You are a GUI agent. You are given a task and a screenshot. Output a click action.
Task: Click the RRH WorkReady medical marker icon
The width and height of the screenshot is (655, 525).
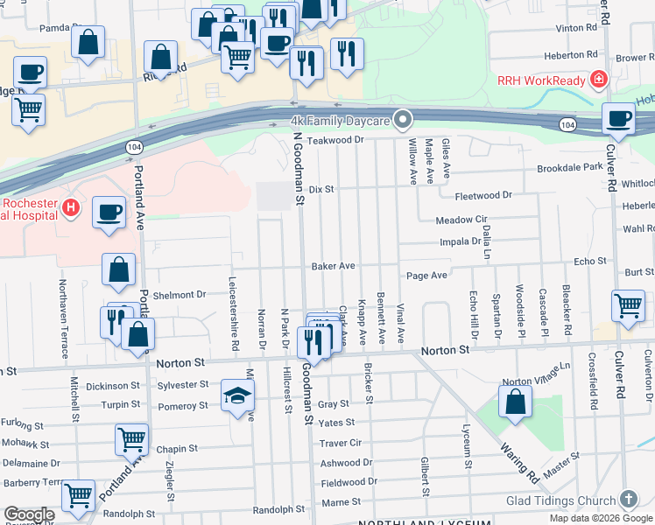click(x=598, y=80)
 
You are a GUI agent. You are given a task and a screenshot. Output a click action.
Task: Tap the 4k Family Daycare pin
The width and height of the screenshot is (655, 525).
click(x=403, y=119)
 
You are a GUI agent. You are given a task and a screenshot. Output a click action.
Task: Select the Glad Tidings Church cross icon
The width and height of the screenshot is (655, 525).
click(x=628, y=500)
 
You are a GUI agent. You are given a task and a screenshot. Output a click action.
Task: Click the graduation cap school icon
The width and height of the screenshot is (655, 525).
click(x=237, y=395)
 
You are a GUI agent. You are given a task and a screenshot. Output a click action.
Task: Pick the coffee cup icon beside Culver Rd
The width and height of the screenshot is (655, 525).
click(x=620, y=119)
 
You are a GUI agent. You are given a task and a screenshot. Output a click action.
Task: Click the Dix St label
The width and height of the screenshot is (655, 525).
click(x=322, y=189)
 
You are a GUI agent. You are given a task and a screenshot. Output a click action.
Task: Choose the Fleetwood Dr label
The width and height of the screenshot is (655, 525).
click(x=482, y=195)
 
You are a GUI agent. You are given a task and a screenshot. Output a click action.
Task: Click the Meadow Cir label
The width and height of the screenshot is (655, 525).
click(x=461, y=220)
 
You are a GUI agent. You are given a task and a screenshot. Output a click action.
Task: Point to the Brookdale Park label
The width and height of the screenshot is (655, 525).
click(x=569, y=166)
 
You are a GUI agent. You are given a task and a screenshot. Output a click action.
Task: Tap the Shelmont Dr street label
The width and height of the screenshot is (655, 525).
click(x=179, y=295)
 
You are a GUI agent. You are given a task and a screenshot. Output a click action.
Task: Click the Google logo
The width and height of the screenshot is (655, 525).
click(x=29, y=515)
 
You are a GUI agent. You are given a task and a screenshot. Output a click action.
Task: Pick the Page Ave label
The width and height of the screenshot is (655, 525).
click(x=426, y=275)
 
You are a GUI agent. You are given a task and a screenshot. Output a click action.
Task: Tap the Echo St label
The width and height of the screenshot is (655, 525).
click(x=589, y=261)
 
